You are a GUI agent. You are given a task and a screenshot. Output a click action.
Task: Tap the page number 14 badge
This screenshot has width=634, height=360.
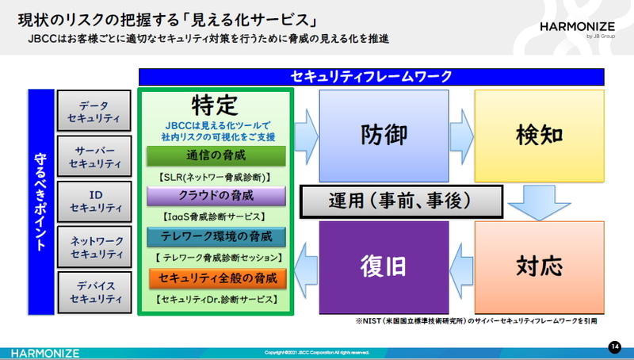point(614,347)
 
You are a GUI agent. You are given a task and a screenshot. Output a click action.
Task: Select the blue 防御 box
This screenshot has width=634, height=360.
point(384,134)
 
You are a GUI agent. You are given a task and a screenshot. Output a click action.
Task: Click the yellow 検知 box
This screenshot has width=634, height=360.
point(539,134)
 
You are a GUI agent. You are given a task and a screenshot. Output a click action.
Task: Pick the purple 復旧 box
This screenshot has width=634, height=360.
point(384,266)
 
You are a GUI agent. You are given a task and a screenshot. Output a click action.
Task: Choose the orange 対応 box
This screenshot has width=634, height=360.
point(539,266)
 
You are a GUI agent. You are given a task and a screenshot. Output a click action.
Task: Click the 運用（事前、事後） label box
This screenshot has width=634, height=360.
point(402,202)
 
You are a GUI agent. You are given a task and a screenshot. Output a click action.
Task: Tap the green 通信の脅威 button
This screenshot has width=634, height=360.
point(216,155)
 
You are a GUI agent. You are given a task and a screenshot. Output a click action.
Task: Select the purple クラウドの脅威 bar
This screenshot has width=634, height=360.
point(216,196)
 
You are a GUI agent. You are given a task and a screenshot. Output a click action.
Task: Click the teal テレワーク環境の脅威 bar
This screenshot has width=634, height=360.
point(216,236)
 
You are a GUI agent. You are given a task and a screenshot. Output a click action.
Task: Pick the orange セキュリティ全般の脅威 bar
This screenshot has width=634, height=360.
point(216,278)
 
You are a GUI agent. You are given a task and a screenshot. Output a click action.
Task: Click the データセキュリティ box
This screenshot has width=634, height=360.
point(94,111)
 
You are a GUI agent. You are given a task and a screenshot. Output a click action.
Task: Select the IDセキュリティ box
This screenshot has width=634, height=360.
point(94,201)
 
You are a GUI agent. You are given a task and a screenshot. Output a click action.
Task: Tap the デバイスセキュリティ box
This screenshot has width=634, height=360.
point(94,292)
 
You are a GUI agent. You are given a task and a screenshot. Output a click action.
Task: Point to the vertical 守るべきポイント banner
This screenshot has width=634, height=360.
point(40,201)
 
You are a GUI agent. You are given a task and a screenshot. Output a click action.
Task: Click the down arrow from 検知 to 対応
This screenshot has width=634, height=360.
point(539,202)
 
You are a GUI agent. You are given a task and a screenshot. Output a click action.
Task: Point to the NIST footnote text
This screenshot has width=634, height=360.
point(475,322)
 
